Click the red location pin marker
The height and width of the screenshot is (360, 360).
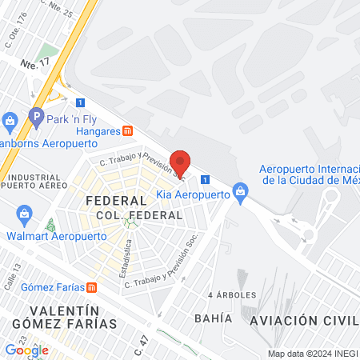pyautogui.click(x=182, y=162)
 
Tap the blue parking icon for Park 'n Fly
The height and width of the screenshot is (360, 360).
pyautogui.click(x=35, y=117)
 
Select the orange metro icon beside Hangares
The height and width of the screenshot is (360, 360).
pyautogui.click(x=128, y=131)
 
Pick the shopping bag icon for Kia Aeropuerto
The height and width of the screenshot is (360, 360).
pyautogui.click(x=238, y=190)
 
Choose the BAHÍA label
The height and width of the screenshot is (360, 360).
pyautogui.click(x=213, y=318)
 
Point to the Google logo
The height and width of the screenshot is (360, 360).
pyautogui.click(x=26, y=350)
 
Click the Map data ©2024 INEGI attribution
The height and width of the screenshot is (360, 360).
pyautogui.click(x=311, y=354)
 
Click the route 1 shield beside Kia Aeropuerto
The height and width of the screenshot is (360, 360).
pyautogui.click(x=206, y=179)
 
